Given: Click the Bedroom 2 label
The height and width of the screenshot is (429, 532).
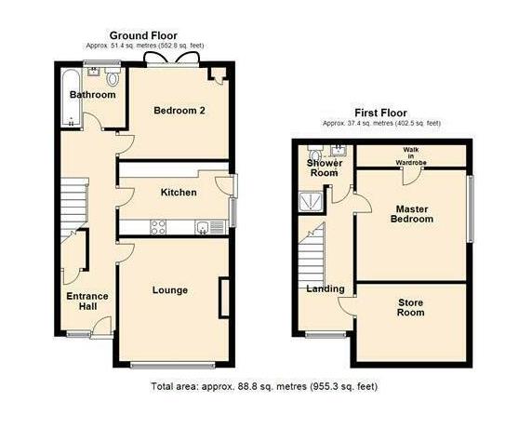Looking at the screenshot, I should click(180, 110).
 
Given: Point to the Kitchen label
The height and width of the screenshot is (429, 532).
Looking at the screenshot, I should click(179, 193).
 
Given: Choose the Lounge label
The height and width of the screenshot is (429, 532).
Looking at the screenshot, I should click(170, 290).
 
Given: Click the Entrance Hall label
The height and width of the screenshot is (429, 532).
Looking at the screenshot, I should click(86, 302).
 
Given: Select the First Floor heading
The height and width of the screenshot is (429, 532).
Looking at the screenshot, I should click(381, 113).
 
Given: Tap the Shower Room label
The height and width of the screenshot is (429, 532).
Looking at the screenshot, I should click(325, 168).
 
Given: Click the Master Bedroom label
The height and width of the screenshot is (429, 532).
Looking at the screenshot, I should click(413, 214).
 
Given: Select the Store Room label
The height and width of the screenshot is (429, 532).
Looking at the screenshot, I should click(410, 307).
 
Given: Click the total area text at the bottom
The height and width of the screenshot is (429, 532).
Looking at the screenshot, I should click(264, 386).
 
